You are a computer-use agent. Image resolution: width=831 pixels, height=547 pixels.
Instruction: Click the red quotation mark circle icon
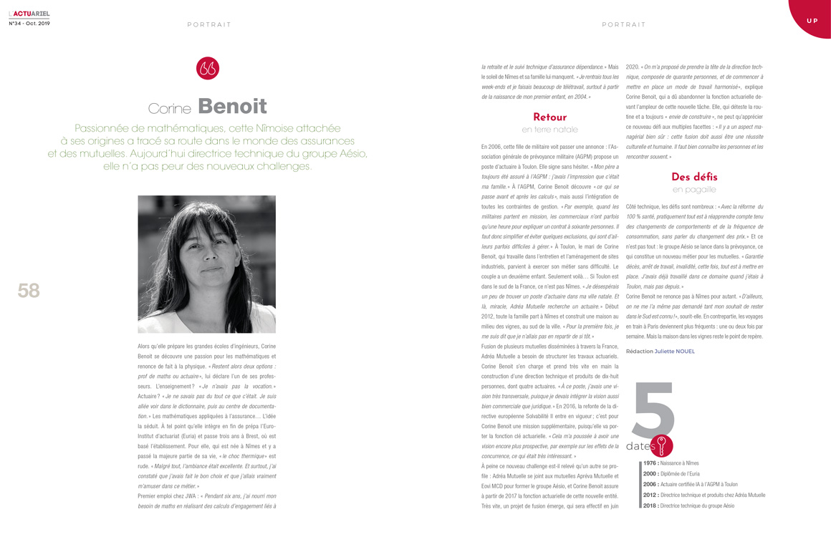[x=208, y=68]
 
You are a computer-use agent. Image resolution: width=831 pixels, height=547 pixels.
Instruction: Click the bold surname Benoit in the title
[x=232, y=107]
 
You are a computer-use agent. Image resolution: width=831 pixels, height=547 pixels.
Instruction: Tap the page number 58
[x=29, y=291]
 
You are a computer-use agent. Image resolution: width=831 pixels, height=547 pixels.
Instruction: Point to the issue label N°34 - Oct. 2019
[x=29, y=23]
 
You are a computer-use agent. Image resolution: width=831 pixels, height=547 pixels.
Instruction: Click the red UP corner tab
[x=812, y=20]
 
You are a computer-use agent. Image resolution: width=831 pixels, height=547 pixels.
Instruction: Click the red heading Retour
[x=549, y=117]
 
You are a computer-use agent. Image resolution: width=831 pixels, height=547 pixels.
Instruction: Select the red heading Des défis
[x=694, y=177]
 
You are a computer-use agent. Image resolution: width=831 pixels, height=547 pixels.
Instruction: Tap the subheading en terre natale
[x=549, y=130]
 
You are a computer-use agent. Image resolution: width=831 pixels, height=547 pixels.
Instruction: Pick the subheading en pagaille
[x=694, y=190]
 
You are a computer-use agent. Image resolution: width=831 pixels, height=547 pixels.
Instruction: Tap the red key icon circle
[x=661, y=445]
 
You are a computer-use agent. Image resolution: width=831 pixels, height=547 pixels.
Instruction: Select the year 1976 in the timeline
[x=650, y=463]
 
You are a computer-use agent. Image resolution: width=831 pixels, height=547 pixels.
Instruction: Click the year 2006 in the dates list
[x=650, y=484]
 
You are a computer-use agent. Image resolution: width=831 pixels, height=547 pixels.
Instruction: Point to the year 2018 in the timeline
[x=650, y=505]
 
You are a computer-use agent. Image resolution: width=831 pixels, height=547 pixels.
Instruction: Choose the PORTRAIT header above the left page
[x=209, y=25]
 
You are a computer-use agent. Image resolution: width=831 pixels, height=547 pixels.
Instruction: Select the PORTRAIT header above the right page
[x=624, y=25]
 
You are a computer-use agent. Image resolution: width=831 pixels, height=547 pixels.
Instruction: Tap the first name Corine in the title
[x=169, y=109]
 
